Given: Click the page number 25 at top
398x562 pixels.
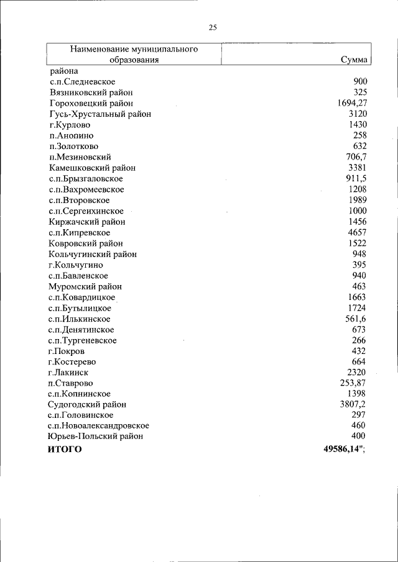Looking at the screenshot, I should [212, 27].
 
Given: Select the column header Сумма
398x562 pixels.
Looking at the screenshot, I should [354, 60].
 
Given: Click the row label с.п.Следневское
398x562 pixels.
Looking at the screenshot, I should [82, 81].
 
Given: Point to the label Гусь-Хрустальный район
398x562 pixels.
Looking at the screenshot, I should [100, 114].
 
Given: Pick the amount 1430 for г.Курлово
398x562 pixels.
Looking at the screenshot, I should [358, 124].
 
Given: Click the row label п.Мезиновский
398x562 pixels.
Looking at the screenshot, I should [80, 157].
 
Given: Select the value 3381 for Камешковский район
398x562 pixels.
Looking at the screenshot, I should [358, 168].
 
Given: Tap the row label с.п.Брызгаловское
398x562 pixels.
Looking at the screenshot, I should [85, 178].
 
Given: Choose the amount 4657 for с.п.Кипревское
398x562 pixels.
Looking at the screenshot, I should [358, 232].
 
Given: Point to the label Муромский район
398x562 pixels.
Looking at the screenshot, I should [85, 286].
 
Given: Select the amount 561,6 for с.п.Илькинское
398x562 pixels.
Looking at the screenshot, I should [356, 319].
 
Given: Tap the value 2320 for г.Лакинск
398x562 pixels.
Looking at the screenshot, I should [358, 373].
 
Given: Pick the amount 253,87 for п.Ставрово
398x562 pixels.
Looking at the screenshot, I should [353, 383].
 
